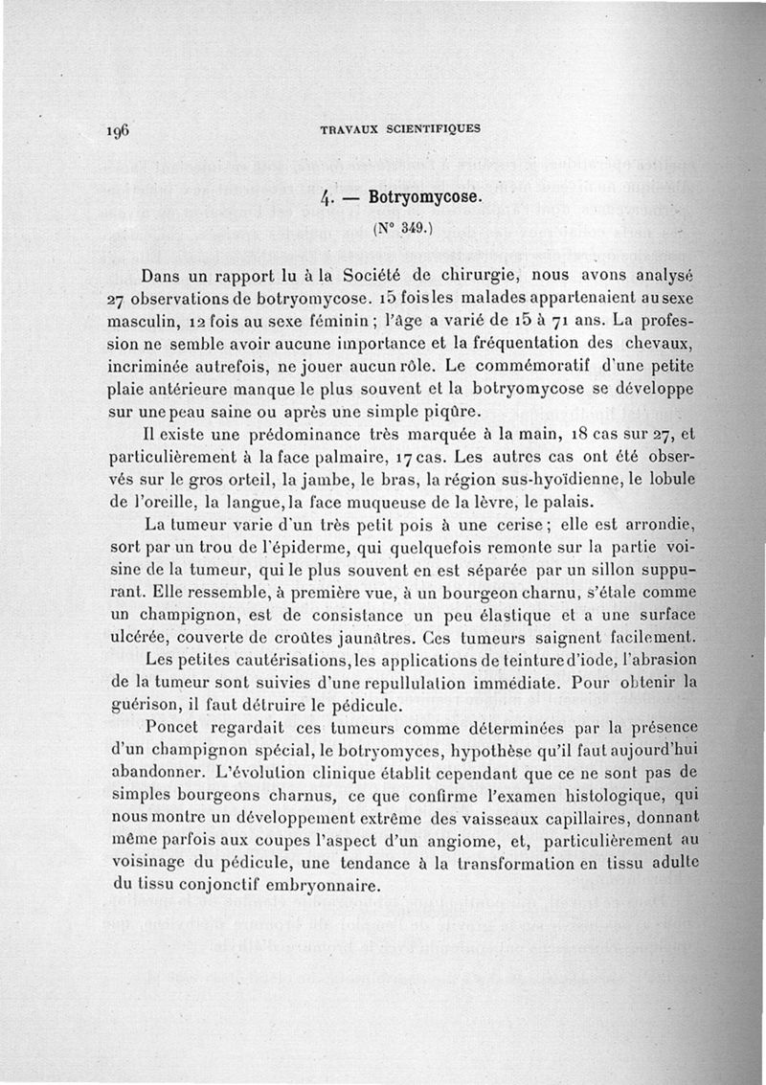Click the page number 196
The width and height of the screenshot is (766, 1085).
119,130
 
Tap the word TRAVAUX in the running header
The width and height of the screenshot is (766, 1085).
349,129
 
